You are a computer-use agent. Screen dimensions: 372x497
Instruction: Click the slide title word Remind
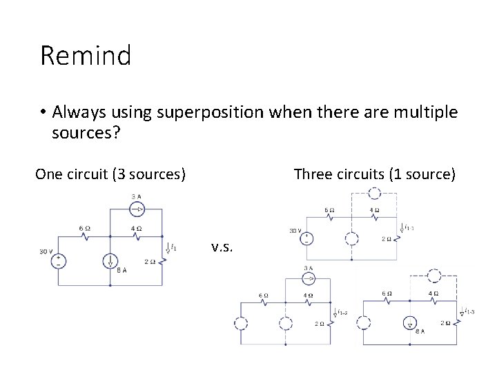point(86,56)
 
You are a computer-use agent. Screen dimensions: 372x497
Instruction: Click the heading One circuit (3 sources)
point(110,174)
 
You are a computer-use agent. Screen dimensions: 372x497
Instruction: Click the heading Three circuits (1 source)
point(374,174)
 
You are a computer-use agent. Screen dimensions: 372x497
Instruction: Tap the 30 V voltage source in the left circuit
point(61,261)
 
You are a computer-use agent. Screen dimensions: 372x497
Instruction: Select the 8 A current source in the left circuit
point(110,260)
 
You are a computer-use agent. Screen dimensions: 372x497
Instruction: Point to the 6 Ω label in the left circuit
point(85,228)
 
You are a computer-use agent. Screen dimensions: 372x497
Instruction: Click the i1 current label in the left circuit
point(173,247)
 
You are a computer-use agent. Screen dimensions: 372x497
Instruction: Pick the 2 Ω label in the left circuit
point(150,261)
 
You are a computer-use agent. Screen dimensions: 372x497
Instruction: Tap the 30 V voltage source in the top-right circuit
point(309,239)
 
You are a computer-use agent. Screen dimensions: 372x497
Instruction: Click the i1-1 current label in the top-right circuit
point(409,227)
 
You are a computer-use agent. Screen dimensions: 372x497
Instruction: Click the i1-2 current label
point(342,312)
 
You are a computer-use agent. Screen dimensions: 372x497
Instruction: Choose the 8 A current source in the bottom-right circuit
point(410,324)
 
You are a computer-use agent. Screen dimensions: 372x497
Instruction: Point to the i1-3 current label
point(469,311)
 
